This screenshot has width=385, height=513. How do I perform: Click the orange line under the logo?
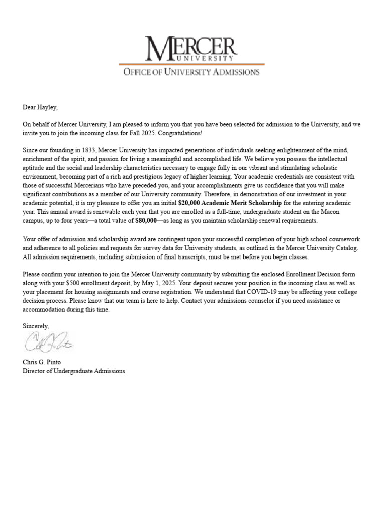coord(191,64)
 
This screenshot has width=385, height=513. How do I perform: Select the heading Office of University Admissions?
coord(191,72)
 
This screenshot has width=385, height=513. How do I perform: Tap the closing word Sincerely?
coord(36,326)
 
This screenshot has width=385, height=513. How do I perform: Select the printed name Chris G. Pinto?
coord(44,362)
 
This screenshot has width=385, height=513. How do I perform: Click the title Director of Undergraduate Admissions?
coord(74,371)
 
